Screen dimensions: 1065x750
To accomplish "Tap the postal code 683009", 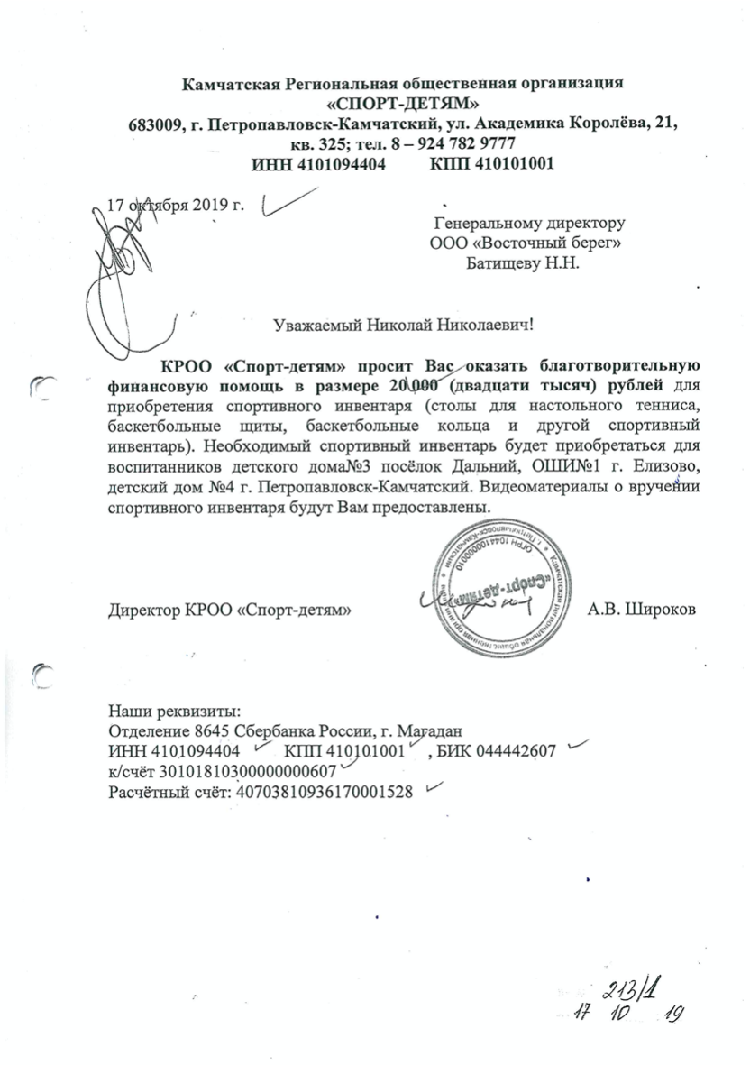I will click(x=155, y=124).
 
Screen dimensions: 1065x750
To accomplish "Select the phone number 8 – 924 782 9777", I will click(x=451, y=144).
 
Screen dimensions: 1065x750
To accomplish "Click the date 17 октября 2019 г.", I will click(x=176, y=203).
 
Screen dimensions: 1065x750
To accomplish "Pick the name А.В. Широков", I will click(x=641, y=611).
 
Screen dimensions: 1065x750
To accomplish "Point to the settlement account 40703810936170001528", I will click(x=323, y=793).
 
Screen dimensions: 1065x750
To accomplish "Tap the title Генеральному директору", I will click(x=529, y=222).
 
